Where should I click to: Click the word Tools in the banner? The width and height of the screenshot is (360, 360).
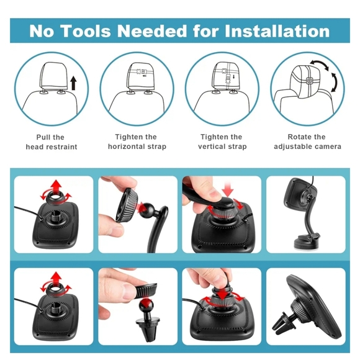[86, 31]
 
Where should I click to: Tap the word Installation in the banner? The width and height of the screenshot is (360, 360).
[277, 31]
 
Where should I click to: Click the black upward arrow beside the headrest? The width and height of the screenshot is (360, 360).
[73, 83]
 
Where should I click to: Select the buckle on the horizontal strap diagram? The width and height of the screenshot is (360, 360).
[140, 71]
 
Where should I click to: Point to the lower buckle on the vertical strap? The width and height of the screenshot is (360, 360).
[228, 81]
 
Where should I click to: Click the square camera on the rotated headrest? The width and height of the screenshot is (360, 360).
[309, 81]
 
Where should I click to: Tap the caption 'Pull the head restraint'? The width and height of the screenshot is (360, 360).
[52, 142]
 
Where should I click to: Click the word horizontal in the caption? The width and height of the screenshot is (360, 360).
[126, 146]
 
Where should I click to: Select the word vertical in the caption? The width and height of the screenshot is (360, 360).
[212, 146]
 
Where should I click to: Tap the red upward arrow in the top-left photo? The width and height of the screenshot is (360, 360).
[56, 186]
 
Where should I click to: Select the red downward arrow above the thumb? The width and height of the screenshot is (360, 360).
[228, 188]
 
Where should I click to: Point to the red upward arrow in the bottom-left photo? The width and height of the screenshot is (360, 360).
[56, 278]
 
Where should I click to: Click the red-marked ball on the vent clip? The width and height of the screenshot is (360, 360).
[146, 305]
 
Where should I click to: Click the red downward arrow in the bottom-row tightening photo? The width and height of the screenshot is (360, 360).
[223, 294]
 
